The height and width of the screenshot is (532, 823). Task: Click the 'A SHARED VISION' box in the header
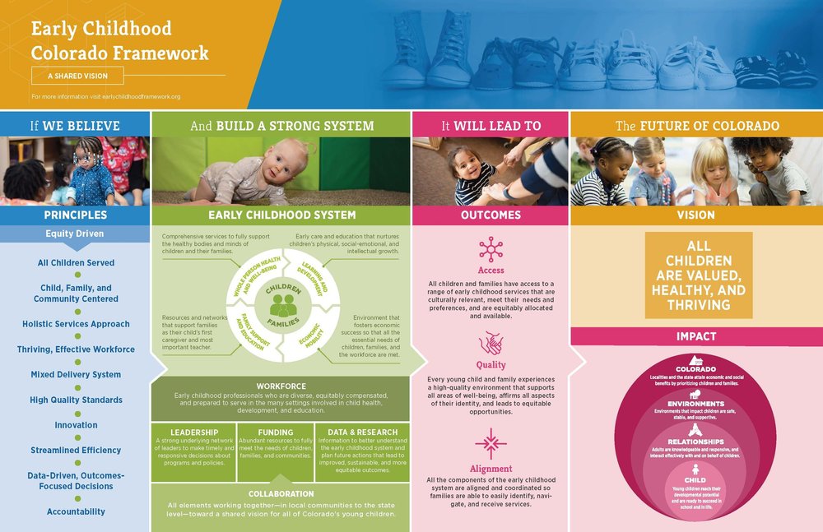click(x=78, y=76)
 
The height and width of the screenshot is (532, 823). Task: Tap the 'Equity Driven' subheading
click(x=75, y=234)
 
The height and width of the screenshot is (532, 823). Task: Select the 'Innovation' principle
click(x=76, y=425)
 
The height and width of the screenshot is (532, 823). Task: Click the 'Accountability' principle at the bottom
click(x=76, y=511)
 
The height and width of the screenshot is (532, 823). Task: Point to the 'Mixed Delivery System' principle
click(x=76, y=374)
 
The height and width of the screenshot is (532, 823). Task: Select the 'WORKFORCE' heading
click(x=281, y=386)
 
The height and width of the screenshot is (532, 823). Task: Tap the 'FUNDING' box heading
click(x=275, y=433)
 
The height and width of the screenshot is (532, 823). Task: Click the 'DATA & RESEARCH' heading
click(x=362, y=433)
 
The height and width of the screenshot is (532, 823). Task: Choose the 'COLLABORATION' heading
click(x=281, y=493)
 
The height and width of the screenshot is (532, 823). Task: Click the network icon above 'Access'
click(x=491, y=248)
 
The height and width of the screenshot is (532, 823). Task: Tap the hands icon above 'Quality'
click(x=491, y=341)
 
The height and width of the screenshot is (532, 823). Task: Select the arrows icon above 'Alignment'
click(x=491, y=443)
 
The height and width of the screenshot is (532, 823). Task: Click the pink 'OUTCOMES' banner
click(x=491, y=215)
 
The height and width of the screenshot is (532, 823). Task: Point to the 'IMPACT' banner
click(x=695, y=336)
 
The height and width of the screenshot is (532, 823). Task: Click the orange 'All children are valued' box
click(x=698, y=275)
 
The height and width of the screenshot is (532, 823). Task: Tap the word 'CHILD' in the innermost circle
click(x=695, y=479)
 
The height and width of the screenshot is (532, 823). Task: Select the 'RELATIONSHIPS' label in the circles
click(x=695, y=443)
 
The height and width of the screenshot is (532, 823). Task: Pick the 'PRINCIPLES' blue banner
click(x=75, y=215)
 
